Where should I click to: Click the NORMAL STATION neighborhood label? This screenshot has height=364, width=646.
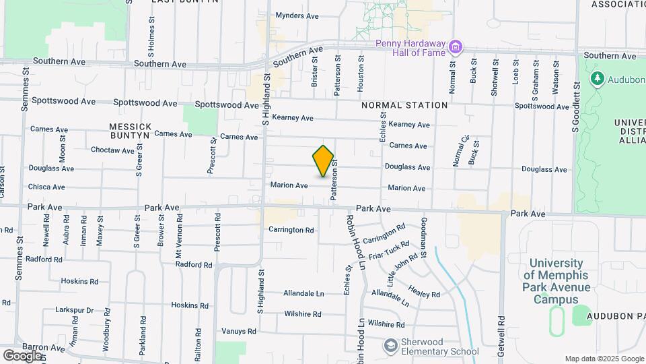(404, 105)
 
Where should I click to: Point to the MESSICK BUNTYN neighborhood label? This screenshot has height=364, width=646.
(129, 131)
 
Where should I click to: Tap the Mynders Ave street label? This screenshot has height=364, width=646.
(297, 16)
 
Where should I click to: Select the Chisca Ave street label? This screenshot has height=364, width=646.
(46, 187)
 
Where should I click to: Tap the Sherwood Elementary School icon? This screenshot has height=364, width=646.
(390, 346)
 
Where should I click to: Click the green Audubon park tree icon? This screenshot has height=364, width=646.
(597, 79)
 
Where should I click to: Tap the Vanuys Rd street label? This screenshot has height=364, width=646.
(239, 331)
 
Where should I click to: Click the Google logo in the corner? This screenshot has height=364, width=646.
(22, 355)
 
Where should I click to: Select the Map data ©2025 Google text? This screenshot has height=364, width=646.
(603, 359)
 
